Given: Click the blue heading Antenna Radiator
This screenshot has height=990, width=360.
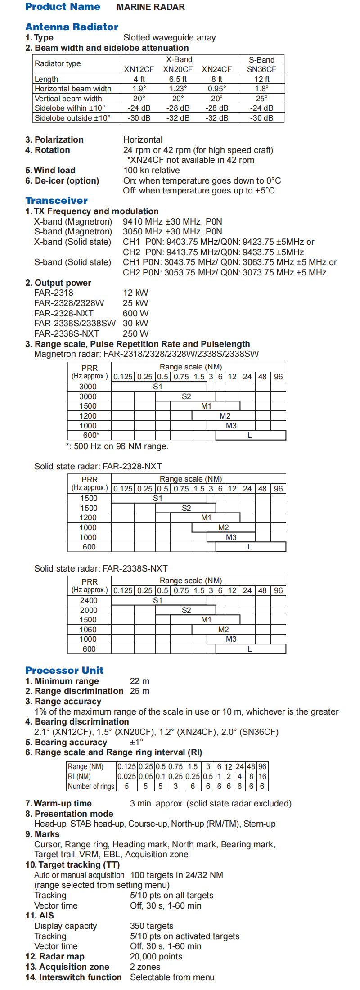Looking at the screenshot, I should (72, 27).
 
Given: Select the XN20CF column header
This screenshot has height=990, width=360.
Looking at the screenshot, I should (178, 69).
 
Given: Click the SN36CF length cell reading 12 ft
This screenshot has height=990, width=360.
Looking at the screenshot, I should (261, 79).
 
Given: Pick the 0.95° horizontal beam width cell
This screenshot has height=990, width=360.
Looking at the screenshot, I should (217, 89).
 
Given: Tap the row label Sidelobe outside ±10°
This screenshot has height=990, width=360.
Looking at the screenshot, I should (72, 118).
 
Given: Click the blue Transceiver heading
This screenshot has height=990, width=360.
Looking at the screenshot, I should (56, 201).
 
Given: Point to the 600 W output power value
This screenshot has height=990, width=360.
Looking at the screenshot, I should (135, 313).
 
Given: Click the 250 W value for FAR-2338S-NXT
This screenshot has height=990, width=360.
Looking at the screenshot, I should (135, 333).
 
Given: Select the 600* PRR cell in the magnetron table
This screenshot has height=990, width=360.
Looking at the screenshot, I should (90, 435).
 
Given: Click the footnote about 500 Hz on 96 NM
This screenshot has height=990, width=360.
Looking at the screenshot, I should (117, 446).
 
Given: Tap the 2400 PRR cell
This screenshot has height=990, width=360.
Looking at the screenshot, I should (89, 600).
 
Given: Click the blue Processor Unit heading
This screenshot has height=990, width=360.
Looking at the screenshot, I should (64, 670).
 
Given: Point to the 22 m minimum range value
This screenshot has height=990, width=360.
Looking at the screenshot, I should (139, 681).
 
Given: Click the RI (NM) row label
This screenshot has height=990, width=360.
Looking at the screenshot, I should (79, 776).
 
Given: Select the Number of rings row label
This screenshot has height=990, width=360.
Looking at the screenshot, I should (91, 786).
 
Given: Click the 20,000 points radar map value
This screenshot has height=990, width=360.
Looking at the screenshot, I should (156, 956).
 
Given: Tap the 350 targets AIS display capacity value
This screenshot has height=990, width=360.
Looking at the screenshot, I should (152, 926).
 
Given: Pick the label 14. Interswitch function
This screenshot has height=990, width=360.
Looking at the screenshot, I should (73, 977).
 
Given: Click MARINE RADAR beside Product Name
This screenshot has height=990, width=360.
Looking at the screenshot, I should (151, 7).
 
